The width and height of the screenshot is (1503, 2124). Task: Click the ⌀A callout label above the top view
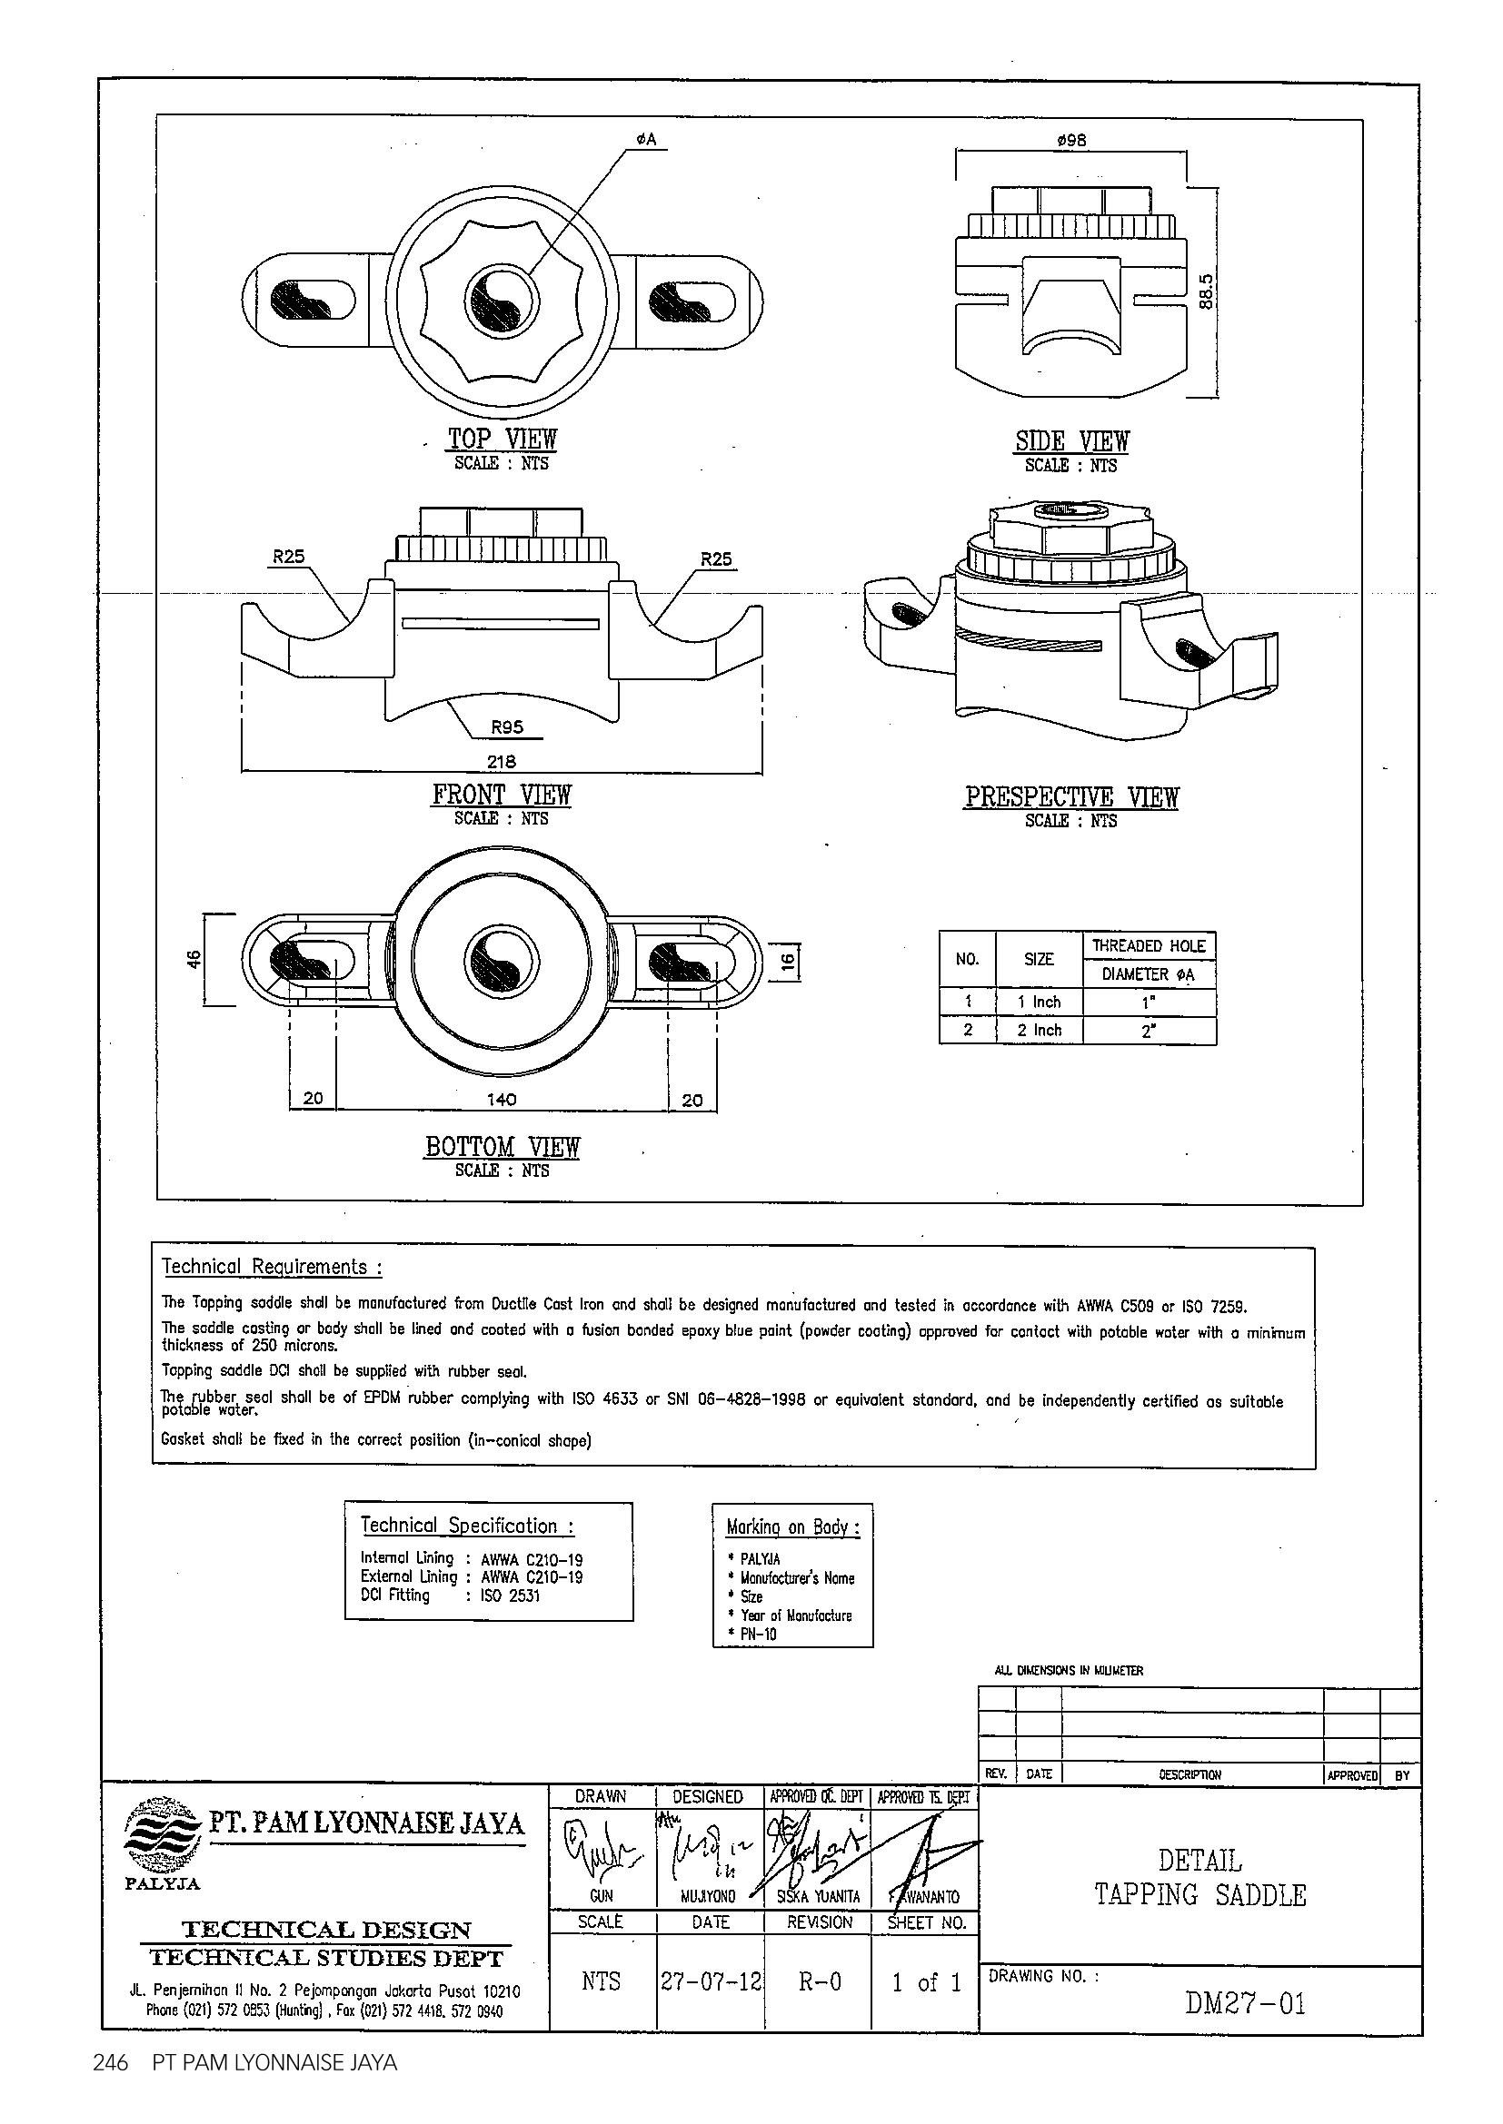[x=645, y=140]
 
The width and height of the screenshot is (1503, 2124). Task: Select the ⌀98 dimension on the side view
[x=1070, y=140]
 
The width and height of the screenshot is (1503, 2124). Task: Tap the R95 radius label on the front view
[x=506, y=727]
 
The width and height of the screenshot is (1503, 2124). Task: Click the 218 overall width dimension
[x=502, y=761]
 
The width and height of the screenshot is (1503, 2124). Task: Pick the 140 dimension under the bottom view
[x=502, y=1099]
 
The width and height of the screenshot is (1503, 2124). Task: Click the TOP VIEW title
[x=503, y=439]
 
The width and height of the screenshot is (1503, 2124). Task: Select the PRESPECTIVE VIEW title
[x=1070, y=796]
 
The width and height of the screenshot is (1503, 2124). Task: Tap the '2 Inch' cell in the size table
[x=1040, y=1030]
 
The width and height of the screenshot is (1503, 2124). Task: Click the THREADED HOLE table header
[x=1149, y=945]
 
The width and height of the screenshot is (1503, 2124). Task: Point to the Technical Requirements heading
[x=272, y=1267]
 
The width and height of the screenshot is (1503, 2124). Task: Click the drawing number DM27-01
[x=1245, y=2004]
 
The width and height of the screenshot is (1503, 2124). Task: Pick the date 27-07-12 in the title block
[x=711, y=1981]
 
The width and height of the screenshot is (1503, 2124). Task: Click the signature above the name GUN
[x=601, y=1852]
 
